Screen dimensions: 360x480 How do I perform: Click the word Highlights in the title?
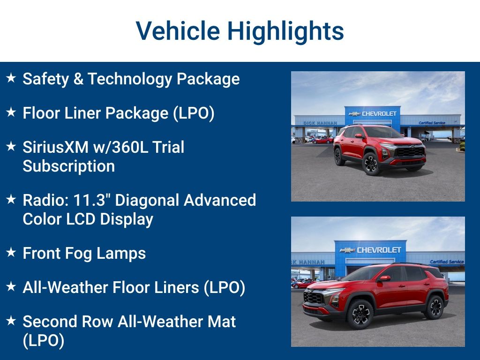click(285, 31)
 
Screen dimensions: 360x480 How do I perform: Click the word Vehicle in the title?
click(178, 31)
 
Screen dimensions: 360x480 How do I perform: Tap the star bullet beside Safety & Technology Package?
click(11, 78)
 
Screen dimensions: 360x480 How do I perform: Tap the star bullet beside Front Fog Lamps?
click(11, 253)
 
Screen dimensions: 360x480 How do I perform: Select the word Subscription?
click(69, 166)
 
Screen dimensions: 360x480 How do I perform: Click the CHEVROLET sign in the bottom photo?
click(379, 250)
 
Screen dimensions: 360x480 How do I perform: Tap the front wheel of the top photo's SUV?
click(371, 164)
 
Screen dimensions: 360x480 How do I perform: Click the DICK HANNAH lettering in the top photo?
click(320, 123)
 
